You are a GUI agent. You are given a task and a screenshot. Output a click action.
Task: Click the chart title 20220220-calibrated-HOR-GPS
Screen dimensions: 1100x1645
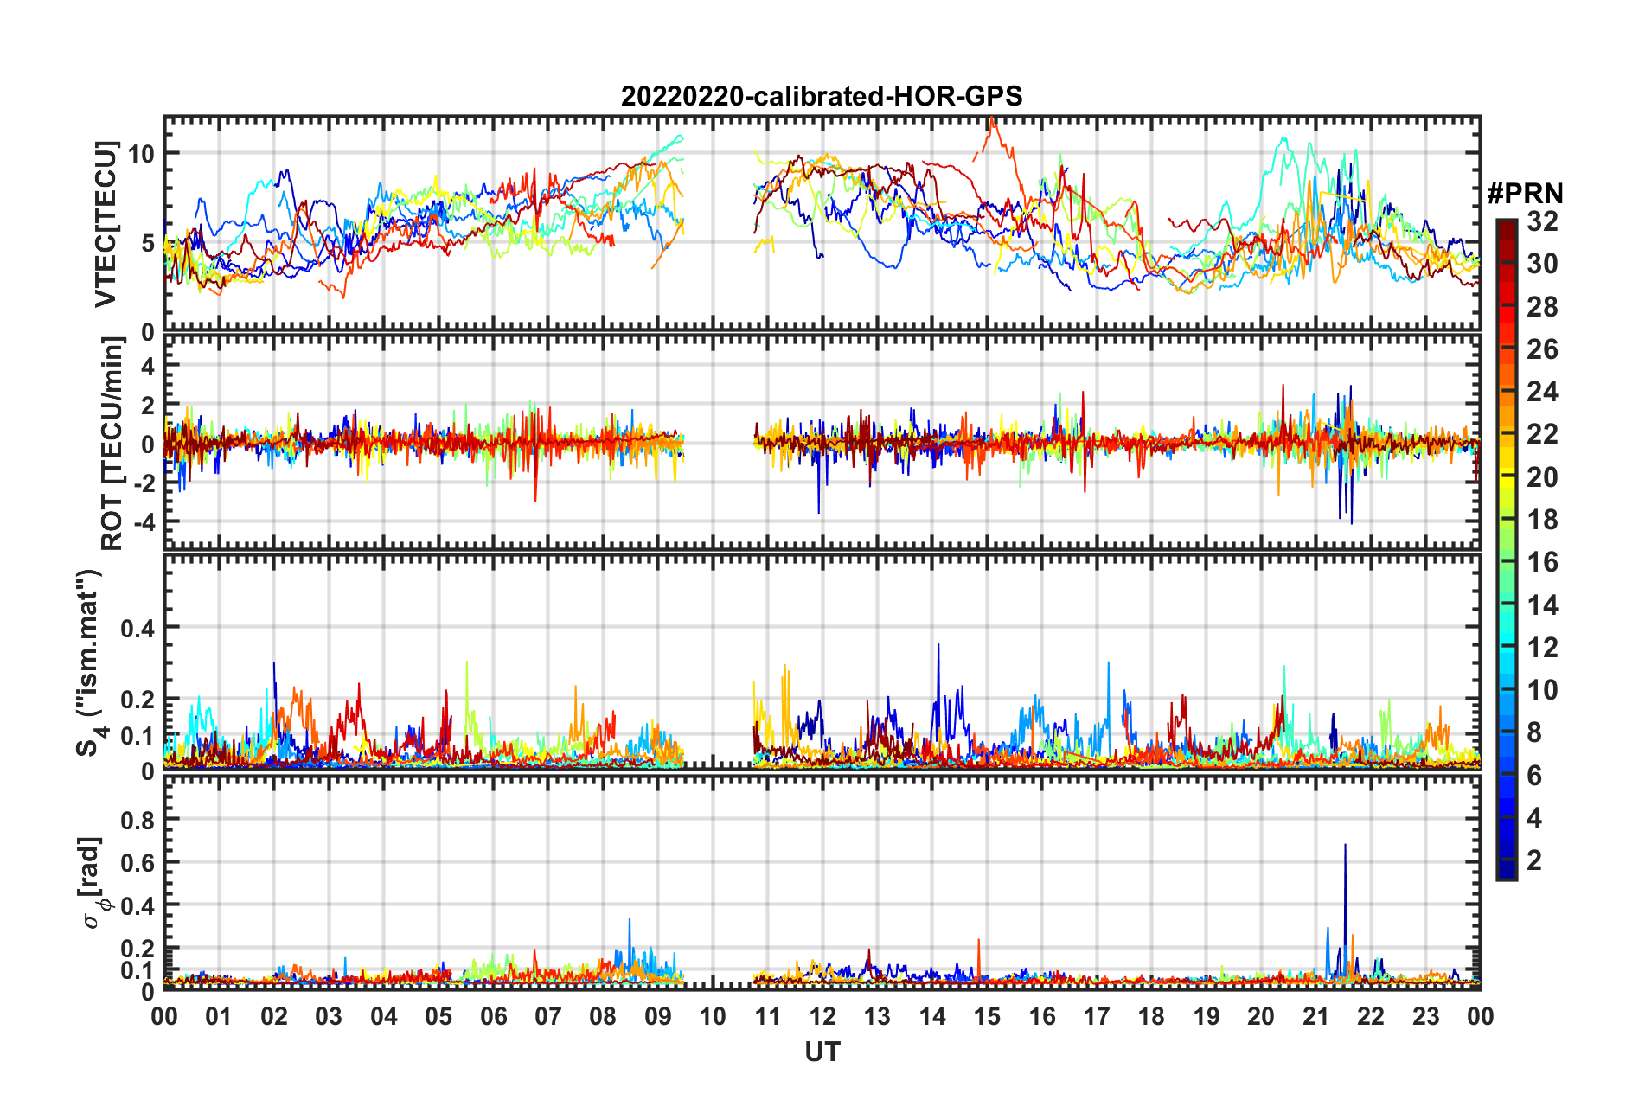(x=822, y=96)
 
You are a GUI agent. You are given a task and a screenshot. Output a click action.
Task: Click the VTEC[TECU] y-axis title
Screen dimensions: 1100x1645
(x=106, y=223)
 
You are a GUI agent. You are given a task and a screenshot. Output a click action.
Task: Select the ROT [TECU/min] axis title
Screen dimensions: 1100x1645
(x=112, y=444)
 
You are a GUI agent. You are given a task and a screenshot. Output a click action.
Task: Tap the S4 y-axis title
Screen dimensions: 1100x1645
(x=90, y=662)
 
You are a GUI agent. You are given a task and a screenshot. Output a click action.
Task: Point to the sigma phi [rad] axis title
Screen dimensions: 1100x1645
(x=95, y=882)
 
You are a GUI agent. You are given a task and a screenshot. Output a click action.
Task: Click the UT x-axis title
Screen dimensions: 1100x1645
(x=822, y=1052)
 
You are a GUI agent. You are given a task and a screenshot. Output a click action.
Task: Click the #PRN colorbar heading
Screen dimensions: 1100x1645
(x=1524, y=194)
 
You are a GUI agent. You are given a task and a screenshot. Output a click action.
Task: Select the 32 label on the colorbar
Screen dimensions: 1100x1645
(x=1542, y=221)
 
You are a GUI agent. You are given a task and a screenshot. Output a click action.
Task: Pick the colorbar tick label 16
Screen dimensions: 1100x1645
(x=1542, y=562)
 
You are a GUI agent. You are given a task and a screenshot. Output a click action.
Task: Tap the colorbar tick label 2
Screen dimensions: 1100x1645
(x=1534, y=860)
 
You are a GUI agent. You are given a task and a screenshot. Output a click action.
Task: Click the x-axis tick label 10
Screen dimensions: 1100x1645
(x=713, y=1016)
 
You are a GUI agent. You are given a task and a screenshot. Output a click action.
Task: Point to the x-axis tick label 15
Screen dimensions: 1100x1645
(x=987, y=1016)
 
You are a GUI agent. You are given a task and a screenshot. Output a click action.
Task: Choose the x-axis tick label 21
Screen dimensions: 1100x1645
(x=1315, y=1016)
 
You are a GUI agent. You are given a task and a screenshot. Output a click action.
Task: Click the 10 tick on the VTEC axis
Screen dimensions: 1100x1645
(x=141, y=154)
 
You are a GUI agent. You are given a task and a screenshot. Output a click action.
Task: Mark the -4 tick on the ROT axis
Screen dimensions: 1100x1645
(x=143, y=522)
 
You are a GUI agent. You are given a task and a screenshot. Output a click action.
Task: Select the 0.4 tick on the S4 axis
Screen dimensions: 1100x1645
(x=137, y=628)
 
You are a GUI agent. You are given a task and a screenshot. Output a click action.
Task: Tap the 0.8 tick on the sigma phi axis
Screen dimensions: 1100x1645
(x=137, y=819)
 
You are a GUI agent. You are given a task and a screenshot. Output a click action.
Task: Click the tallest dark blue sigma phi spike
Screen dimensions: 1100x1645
(x=1345, y=845)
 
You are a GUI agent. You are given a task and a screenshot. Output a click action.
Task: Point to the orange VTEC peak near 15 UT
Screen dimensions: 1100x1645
(x=992, y=119)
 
